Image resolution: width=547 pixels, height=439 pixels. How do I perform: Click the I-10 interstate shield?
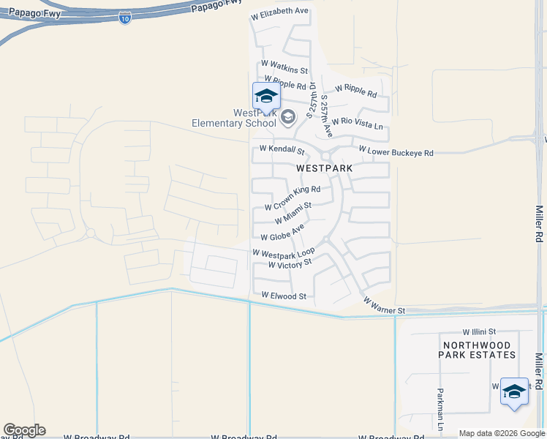point(125,17)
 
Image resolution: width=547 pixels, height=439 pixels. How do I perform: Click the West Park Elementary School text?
point(234,118)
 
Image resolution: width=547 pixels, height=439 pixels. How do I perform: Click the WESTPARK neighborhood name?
point(325,168)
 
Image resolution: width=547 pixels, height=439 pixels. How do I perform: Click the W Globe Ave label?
point(282,233)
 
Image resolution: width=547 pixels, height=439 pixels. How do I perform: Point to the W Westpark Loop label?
point(284,252)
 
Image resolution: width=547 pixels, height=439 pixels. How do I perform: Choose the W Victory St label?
point(290,263)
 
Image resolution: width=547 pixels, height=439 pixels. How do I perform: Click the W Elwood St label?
point(284,296)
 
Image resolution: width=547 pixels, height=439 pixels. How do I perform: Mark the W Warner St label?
point(383,306)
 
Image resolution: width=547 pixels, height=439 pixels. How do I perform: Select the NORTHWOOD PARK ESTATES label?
point(477,349)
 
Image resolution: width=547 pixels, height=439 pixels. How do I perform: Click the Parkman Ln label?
point(440,408)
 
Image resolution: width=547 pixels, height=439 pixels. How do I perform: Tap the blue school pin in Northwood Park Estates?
point(514,391)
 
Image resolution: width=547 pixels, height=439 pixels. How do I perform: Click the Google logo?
point(24,430)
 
